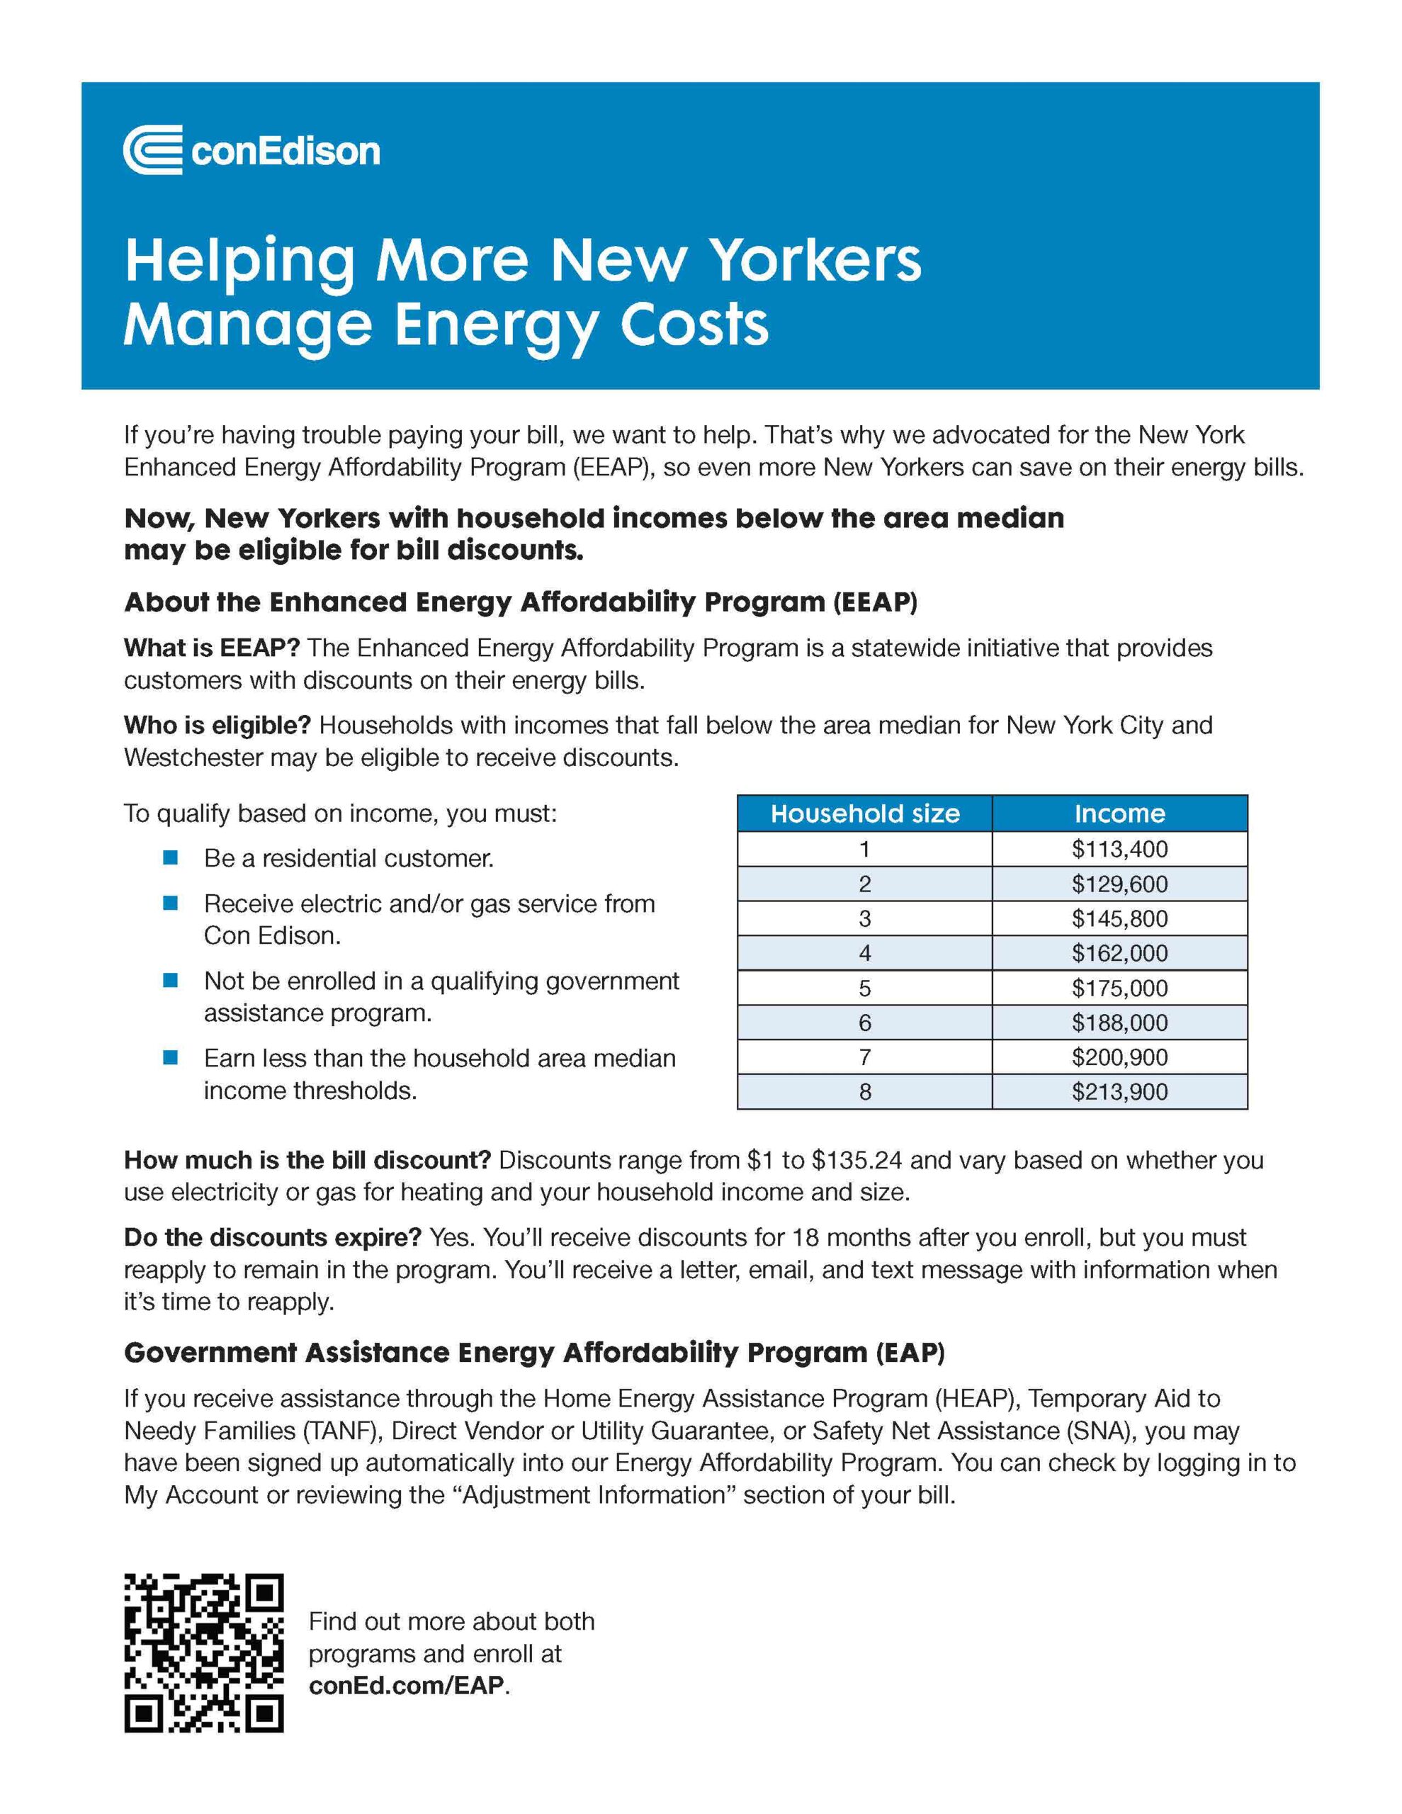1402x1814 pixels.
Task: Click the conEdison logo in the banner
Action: [x=251, y=150]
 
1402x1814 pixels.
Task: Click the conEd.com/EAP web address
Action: [x=406, y=1685]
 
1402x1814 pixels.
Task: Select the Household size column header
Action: [x=864, y=813]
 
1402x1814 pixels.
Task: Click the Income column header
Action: [x=1119, y=813]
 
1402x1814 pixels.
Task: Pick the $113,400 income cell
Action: [x=1119, y=849]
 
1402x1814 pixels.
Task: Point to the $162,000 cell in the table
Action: [x=1119, y=952]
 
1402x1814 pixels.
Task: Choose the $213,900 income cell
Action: [x=1119, y=1091]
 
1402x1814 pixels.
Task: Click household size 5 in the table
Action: [x=864, y=988]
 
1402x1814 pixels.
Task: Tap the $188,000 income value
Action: [x=1119, y=1023]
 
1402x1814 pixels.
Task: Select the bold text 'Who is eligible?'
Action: [x=217, y=725]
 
